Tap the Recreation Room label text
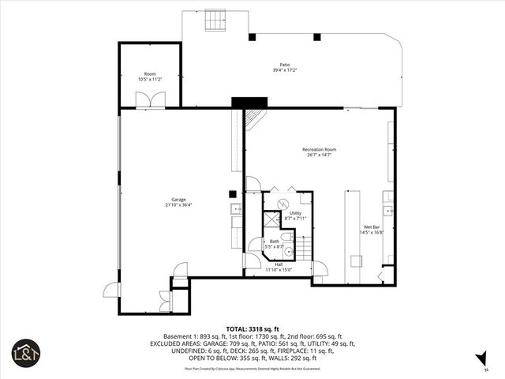tap(320, 149)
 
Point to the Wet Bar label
tap(371, 227)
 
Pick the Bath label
tap(275, 241)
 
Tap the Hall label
tap(279, 265)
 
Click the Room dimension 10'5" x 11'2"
tap(150, 80)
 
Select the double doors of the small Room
tap(149, 99)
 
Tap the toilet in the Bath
tap(287, 236)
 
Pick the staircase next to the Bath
tap(305, 247)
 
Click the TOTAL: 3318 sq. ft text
tap(252, 328)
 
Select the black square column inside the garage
tap(233, 193)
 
